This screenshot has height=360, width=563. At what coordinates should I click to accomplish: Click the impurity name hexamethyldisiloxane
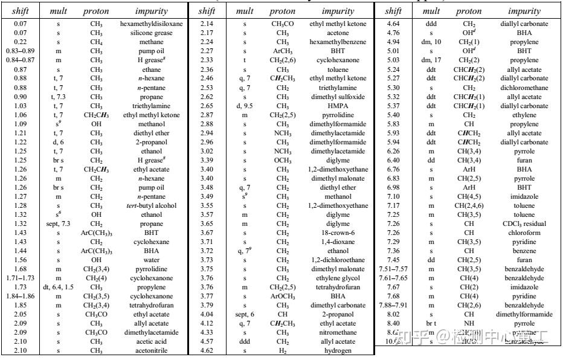coord(152,24)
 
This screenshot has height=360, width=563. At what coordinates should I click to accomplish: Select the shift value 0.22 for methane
coord(21,42)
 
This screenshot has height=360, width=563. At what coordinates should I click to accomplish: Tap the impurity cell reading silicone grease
coord(152,33)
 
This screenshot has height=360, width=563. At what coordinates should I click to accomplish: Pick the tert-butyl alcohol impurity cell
coord(152,205)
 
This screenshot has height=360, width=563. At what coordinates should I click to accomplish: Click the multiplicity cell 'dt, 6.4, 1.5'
coord(59,286)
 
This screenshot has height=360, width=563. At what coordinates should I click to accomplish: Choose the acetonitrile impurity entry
coord(152,350)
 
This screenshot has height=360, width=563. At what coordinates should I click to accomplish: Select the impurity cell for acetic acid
coord(152,341)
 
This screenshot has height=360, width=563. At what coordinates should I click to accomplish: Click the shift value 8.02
coord(393,313)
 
